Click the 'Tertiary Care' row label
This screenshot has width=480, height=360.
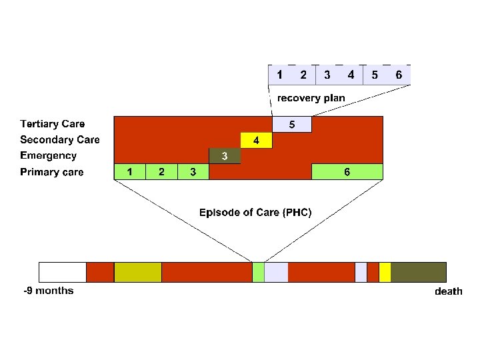[x=53, y=124]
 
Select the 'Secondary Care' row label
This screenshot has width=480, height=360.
[x=60, y=140]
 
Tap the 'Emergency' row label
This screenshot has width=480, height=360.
[x=49, y=156]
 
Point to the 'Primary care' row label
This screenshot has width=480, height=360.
[x=52, y=173]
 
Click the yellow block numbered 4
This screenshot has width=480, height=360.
[x=257, y=141]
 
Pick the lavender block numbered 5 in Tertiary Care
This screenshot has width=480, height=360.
[x=292, y=125]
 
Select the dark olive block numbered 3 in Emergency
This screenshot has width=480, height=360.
[x=225, y=156]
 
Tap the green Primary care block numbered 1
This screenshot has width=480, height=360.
[x=130, y=172]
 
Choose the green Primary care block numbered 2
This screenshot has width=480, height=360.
[x=162, y=172]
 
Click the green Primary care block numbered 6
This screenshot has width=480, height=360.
[x=347, y=172]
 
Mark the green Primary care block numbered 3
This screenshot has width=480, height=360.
[x=193, y=172]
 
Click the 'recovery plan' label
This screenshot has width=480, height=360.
[x=311, y=98]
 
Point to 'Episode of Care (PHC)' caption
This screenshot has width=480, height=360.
[x=255, y=213]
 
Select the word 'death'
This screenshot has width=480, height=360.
[x=448, y=291]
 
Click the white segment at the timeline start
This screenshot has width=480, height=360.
[x=63, y=272]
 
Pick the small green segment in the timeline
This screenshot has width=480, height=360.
[x=258, y=272]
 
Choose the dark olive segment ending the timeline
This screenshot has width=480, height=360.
[x=418, y=272]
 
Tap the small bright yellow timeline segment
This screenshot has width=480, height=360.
[x=385, y=272]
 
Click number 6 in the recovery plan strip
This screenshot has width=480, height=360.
[x=399, y=75]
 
